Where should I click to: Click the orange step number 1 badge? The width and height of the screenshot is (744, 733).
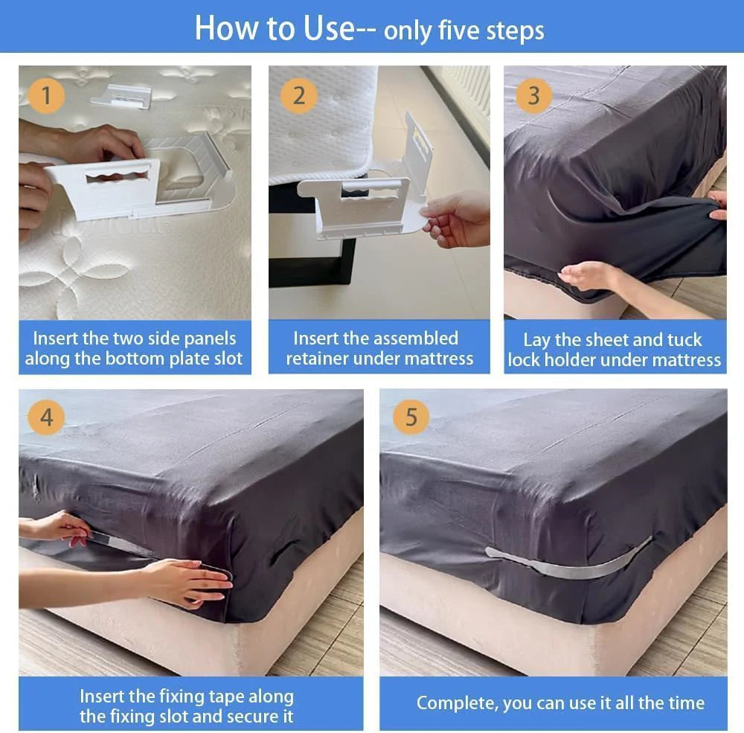tap(47, 96)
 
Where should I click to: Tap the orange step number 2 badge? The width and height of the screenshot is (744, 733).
tap(299, 96)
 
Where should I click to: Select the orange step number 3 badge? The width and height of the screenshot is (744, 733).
tap(533, 96)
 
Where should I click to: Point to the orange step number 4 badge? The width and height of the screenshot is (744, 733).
tap(46, 417)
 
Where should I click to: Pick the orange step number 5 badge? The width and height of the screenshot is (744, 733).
tap(411, 417)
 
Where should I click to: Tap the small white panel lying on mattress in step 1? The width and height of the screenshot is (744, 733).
tap(122, 95)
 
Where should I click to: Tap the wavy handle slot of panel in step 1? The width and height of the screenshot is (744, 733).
tap(117, 179)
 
